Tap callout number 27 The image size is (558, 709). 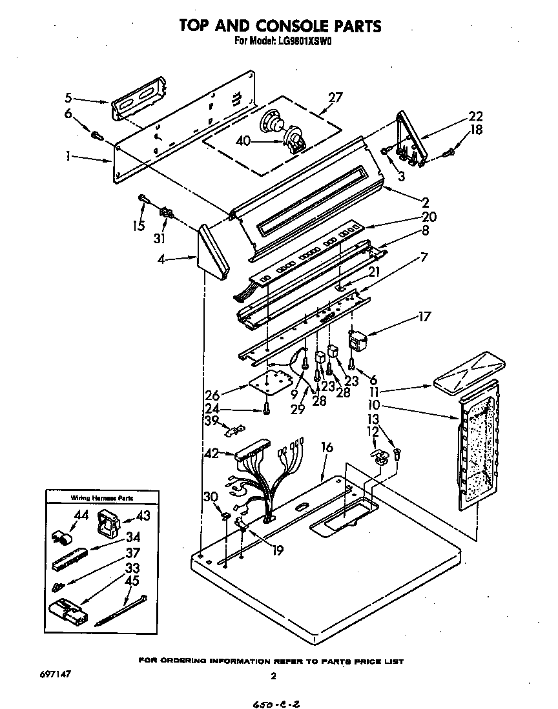click(335, 98)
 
